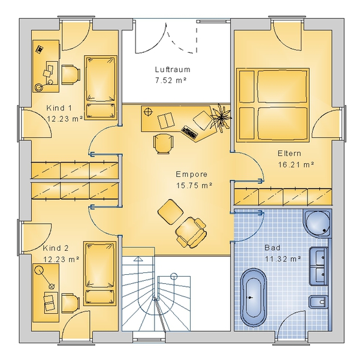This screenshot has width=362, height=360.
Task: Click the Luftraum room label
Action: pyautogui.click(x=173, y=70)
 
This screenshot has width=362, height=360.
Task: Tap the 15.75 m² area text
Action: pyautogui.click(x=194, y=185)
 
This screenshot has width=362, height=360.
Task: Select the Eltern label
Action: pyautogui.click(x=289, y=154)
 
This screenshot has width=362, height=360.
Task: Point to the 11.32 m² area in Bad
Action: pyautogui.click(x=283, y=259)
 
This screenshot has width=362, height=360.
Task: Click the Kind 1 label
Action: pyautogui.click(x=59, y=107)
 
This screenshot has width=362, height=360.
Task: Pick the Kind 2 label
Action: pyautogui.click(x=56, y=248)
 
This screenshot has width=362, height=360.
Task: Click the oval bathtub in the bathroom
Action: pyautogui.click(x=254, y=297)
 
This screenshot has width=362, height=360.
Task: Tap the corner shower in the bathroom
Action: pyautogui.click(x=317, y=223)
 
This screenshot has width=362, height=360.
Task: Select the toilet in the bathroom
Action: pyautogui.click(x=318, y=302)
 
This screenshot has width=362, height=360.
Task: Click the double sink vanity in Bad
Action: pyautogui.click(x=318, y=266)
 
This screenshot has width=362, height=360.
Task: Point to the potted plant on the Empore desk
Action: pyautogui.click(x=221, y=118)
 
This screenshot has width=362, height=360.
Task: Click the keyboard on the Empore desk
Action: pyautogui.click(x=189, y=133)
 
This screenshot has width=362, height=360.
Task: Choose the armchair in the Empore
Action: pyautogui.click(x=191, y=232)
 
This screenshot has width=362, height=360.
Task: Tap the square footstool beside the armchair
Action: pyautogui.click(x=170, y=212)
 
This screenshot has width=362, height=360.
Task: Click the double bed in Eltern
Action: pyautogui.click(x=273, y=104)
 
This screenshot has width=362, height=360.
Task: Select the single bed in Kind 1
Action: pyautogui.click(x=101, y=88)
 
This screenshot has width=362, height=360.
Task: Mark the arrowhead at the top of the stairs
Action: pyautogui.click(x=138, y=259)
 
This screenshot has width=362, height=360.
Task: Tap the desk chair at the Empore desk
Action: pyautogui.click(x=163, y=144)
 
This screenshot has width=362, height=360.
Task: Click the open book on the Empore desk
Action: pyautogui.click(x=166, y=121)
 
